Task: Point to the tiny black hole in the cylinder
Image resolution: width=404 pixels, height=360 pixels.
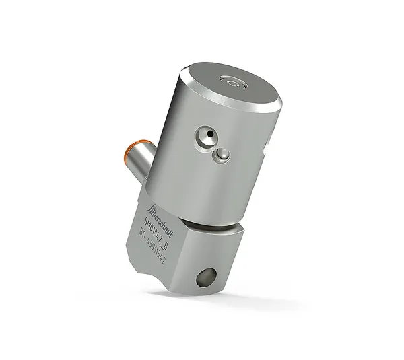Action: (x=210, y=135)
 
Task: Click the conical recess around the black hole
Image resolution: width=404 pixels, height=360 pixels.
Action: (x=207, y=138)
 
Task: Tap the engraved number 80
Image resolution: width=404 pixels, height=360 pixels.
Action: (x=143, y=235)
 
